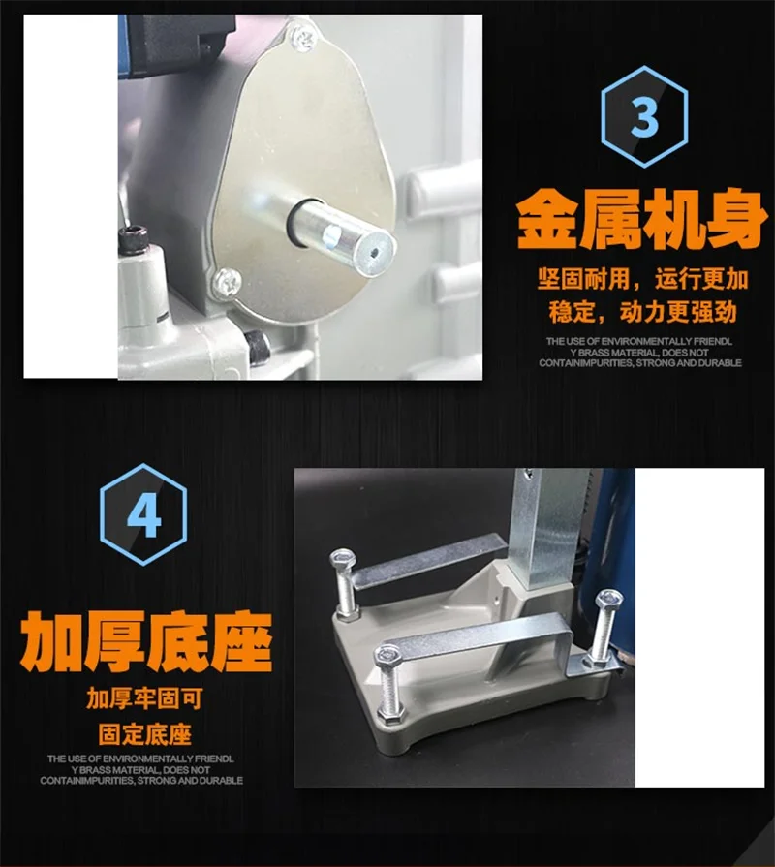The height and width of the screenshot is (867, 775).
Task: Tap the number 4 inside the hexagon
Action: (143, 514)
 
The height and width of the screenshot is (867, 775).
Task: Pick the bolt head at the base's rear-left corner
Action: (343, 559)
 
